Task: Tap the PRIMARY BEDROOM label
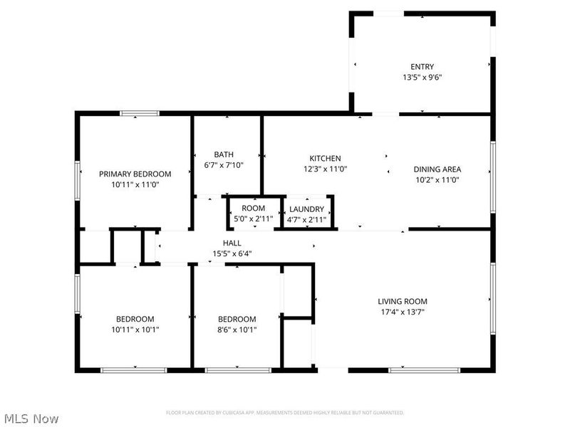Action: [135, 174]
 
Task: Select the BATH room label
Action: [224, 154]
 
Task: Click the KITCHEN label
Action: [325, 158]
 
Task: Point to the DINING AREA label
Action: [437, 169]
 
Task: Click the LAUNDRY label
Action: [307, 209]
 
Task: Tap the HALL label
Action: [232, 243]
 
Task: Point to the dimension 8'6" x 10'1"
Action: [237, 330]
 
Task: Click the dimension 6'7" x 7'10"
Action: [224, 165]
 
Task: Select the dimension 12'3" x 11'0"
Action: [325, 169]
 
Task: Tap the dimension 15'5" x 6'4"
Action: [232, 253]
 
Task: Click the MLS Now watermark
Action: [30, 419]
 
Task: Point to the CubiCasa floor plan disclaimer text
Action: [285, 413]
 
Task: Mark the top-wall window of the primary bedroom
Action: [140, 112]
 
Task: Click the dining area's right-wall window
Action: [492, 176]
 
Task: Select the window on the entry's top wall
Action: [389, 13]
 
